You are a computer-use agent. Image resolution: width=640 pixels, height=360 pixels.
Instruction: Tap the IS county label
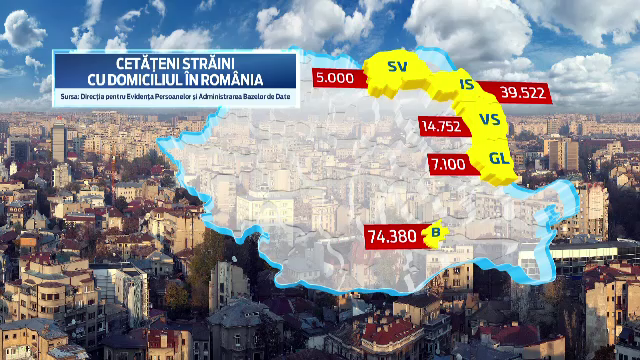click(x=465, y=85)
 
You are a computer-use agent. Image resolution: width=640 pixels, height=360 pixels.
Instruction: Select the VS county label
click(x=490, y=119)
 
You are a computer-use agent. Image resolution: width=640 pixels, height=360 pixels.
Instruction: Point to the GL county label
click(x=499, y=157)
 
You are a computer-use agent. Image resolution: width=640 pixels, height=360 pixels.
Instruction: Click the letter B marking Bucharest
click(x=434, y=234)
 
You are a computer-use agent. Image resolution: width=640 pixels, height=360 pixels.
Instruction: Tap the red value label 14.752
click(x=442, y=126)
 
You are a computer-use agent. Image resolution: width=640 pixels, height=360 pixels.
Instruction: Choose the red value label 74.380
click(x=392, y=237)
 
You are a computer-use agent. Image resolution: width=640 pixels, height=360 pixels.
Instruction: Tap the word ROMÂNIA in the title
click(x=230, y=79)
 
